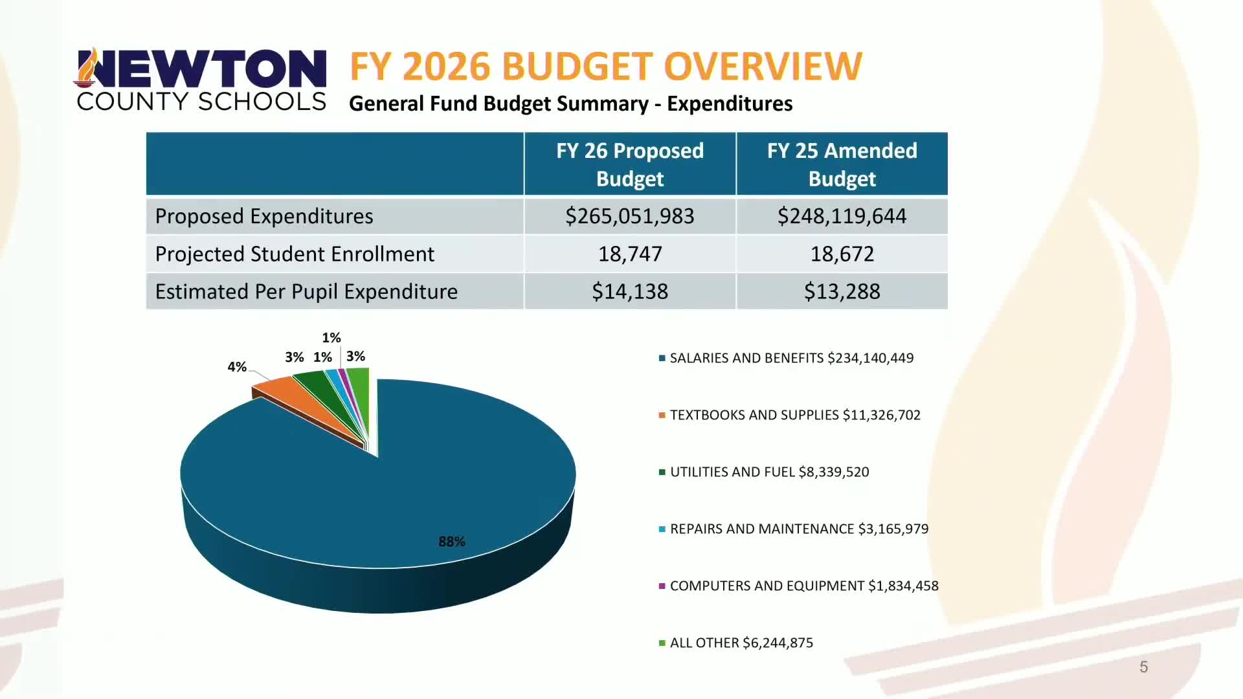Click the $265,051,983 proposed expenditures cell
[629, 216]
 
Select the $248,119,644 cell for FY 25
[842, 216]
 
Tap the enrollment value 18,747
[629, 254]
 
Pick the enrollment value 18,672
[842, 254]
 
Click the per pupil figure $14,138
[629, 291]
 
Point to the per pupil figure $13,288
[842, 291]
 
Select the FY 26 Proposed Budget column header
[629, 164]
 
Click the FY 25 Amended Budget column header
[842, 164]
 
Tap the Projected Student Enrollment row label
[295, 254]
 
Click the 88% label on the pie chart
[451, 542]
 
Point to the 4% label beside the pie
[237, 367]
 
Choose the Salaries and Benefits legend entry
[791, 358]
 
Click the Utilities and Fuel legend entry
[769, 472]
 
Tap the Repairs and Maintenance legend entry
[799, 529]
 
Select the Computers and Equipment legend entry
[803, 586]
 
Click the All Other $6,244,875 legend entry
[741, 643]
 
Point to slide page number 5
[1143, 667]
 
